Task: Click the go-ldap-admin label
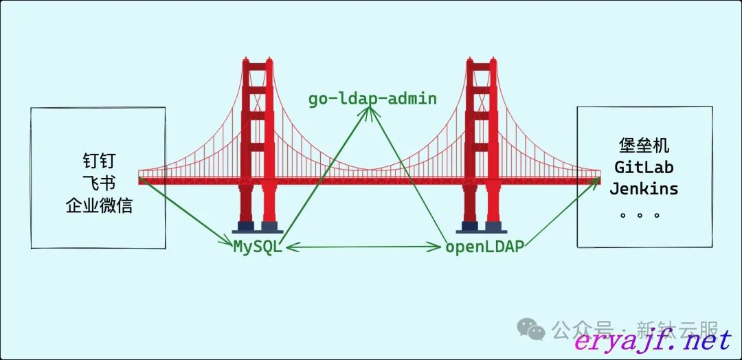pyautogui.click(x=372, y=98)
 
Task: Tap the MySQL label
pyautogui.click(x=258, y=247)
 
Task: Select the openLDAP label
pyautogui.click(x=484, y=247)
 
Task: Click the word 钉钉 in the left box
pyautogui.click(x=98, y=162)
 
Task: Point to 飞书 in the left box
pyautogui.click(x=98, y=183)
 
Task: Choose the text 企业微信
pyautogui.click(x=98, y=205)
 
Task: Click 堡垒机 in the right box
pyautogui.click(x=644, y=146)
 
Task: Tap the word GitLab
pyautogui.click(x=644, y=167)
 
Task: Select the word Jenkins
pyautogui.click(x=644, y=188)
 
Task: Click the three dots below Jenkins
pyautogui.click(x=640, y=214)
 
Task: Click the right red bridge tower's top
pyautogui.click(x=482, y=66)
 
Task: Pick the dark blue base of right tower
pyautogui.click(x=482, y=226)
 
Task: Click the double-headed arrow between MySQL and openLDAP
pyautogui.click(x=363, y=246)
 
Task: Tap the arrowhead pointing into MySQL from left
pyautogui.click(x=229, y=243)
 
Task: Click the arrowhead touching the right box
pyautogui.click(x=596, y=181)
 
